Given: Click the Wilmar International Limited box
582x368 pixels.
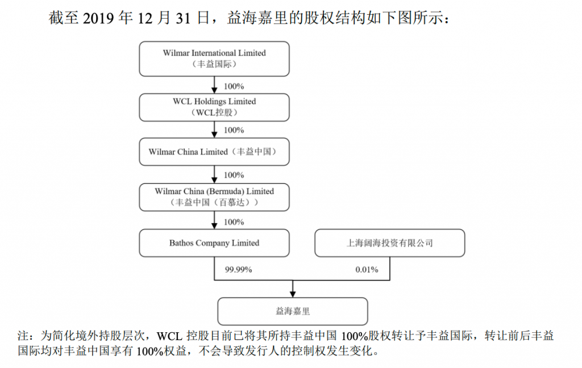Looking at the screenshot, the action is point(214,58).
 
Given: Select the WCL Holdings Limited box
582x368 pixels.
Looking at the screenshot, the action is point(214,107).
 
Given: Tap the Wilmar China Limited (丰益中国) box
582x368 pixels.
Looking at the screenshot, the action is point(214,152).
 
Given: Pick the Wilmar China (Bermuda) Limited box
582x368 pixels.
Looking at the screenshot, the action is point(214,197).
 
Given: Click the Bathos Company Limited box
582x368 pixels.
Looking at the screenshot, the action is point(214,243).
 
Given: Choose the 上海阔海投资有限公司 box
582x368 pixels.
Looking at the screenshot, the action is point(390,243).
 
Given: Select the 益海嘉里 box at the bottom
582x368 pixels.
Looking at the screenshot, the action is point(293,311).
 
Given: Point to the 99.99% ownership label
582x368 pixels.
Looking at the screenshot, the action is point(238,270).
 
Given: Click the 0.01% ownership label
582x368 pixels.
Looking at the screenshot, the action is point(367,270).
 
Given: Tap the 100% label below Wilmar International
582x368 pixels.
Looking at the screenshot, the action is point(234,86).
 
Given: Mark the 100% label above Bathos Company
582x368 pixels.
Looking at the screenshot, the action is point(234,222).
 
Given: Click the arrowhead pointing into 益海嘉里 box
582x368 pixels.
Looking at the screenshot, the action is point(293,294).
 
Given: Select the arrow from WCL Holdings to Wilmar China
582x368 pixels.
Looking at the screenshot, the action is point(214,129).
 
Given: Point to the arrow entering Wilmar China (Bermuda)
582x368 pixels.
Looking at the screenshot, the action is point(214,174).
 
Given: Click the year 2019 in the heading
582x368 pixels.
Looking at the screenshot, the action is point(98,18).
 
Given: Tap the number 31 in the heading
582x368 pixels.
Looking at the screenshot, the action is point(183,18).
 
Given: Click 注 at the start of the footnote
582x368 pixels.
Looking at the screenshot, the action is point(23,336).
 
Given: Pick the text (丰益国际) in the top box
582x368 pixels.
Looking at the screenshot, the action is point(214,64).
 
